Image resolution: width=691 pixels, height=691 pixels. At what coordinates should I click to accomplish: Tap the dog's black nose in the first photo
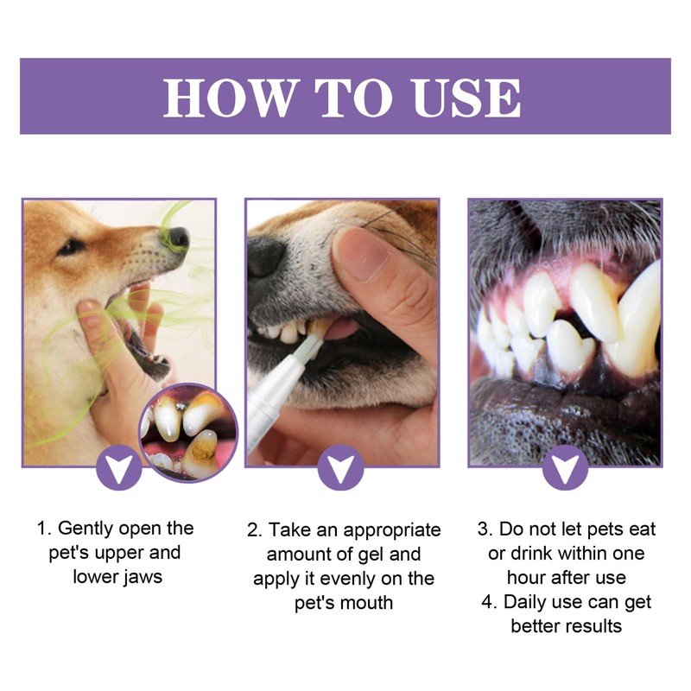(178, 237)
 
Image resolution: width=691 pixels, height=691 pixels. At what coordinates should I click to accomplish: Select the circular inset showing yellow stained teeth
(187, 432)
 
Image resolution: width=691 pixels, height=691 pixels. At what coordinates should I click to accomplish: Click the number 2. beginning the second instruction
(254, 529)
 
